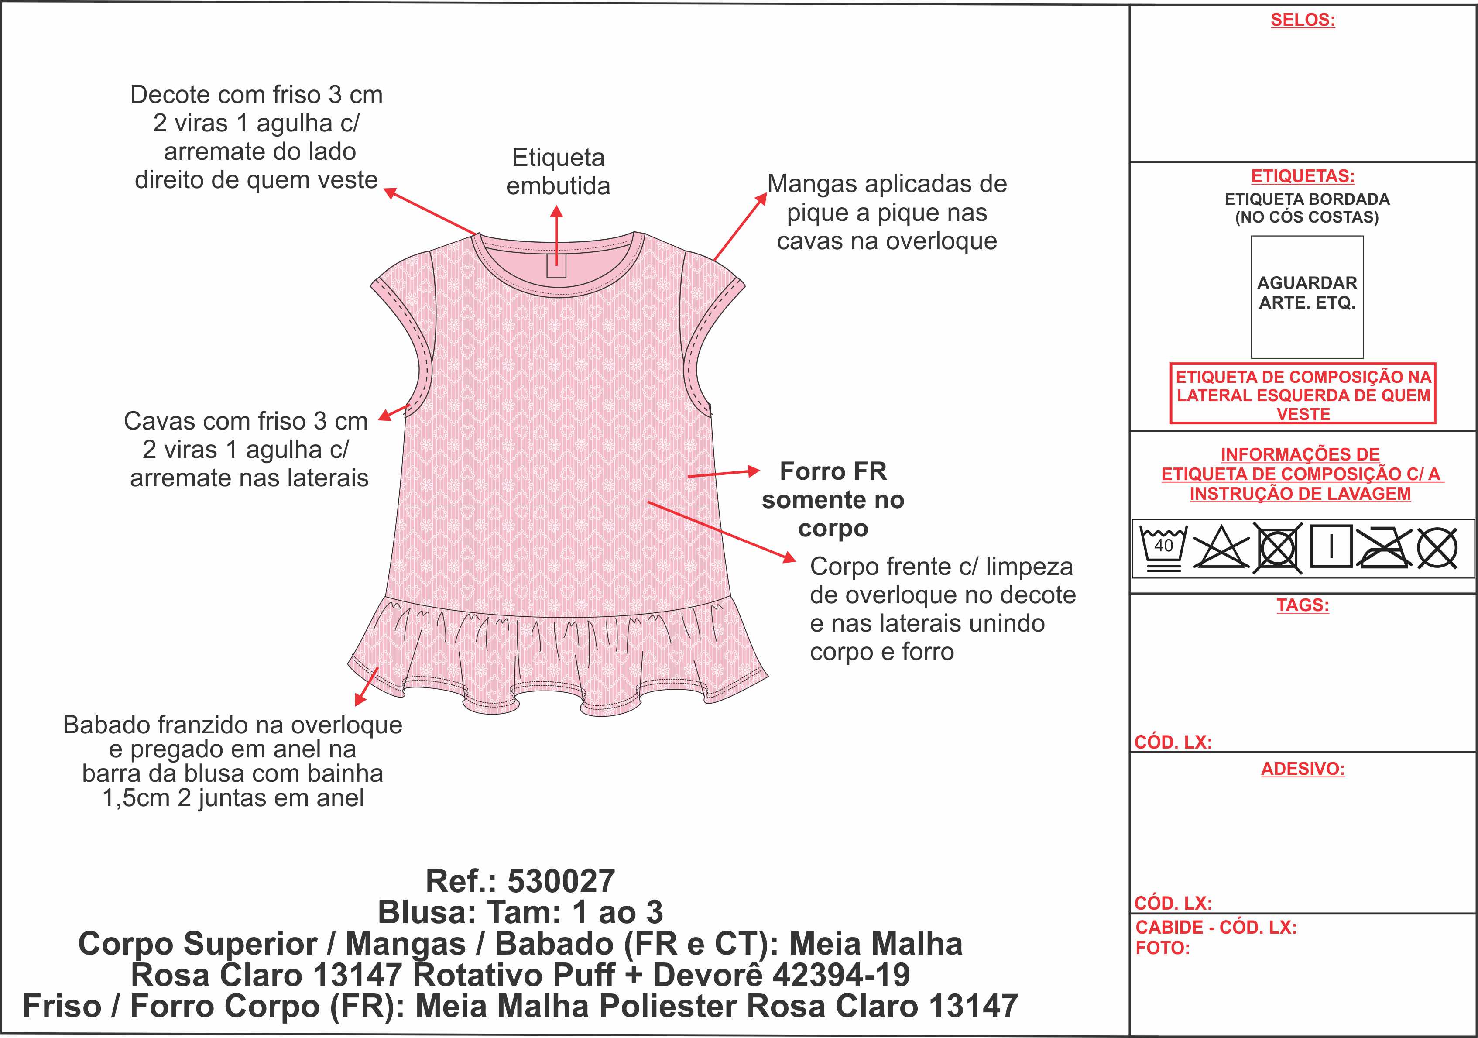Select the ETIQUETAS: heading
[1303, 176]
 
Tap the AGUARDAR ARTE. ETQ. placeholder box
[1307, 297]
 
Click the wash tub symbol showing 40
[1163, 549]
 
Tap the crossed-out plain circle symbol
[1437, 549]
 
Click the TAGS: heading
[1303, 605]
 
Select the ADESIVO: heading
[1303, 769]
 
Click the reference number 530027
[561, 881]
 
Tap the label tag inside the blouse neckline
[556, 265]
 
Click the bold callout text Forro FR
[833, 471]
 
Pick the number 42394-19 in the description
[841, 975]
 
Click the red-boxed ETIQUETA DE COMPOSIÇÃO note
[1303, 394]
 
